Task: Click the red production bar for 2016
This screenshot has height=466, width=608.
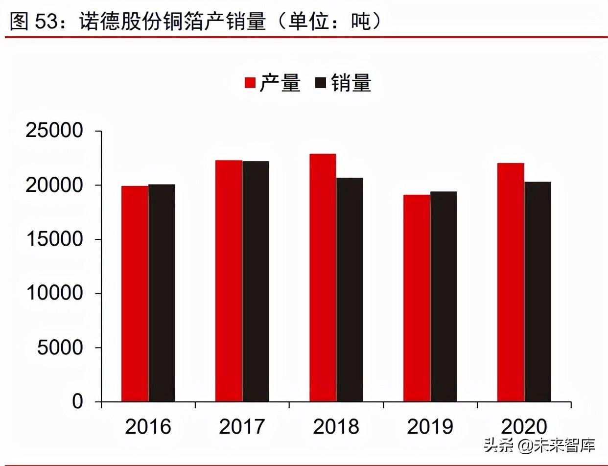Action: [135, 294]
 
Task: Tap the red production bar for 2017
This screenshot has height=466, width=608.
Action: [229, 281]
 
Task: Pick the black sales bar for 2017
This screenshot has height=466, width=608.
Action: [256, 281]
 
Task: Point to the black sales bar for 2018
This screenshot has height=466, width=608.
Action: [350, 290]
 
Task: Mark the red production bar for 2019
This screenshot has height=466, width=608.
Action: [417, 298]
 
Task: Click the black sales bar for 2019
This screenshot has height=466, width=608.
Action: [444, 297]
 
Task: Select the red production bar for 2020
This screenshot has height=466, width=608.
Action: [511, 282]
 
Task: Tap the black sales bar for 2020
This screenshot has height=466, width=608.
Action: [538, 292]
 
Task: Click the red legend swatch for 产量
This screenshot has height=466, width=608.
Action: [250, 83]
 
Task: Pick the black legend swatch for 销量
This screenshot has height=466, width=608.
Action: [321, 83]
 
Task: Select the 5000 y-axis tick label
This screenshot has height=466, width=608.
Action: [60, 348]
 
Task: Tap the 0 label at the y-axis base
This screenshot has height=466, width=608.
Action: [78, 402]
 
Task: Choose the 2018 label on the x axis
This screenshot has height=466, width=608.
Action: [336, 427]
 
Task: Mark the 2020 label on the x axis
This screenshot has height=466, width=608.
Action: [524, 427]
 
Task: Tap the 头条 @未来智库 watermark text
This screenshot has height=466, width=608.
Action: [539, 445]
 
